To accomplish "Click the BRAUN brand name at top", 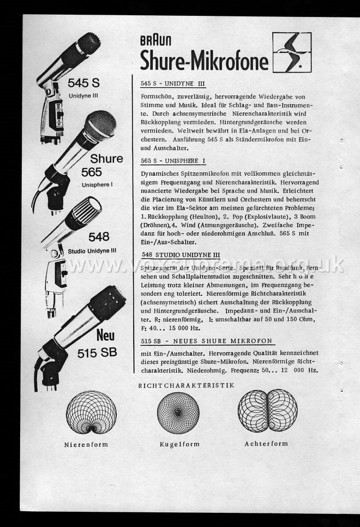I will click(156, 41).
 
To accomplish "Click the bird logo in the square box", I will click(292, 52).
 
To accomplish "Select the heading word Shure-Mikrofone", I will click(204, 60).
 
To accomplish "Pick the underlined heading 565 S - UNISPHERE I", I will click(173, 161).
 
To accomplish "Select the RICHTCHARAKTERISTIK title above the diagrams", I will click(187, 386).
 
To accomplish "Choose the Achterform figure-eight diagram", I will click(267, 410).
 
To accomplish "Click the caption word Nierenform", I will click(86, 445).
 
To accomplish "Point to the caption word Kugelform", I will click(179, 445).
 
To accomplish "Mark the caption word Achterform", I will click(266, 444).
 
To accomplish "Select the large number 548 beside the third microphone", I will click(99, 236).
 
